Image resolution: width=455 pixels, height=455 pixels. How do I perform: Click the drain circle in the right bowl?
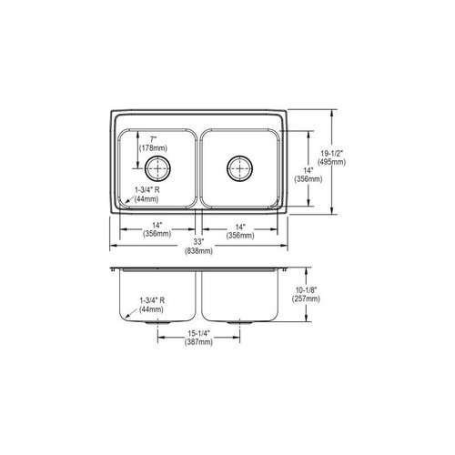(x=239, y=167)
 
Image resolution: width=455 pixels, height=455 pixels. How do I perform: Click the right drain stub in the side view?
(x=240, y=322)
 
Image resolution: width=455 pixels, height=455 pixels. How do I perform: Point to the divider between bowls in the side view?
(x=199, y=296)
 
